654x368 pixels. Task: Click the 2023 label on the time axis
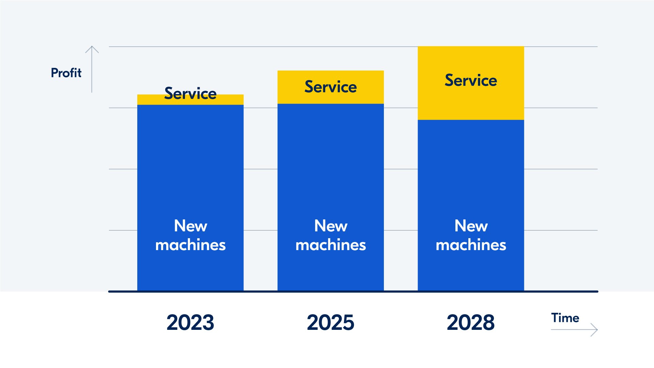click(x=190, y=322)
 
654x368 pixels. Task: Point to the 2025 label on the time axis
click(x=330, y=322)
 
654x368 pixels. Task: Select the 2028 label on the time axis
click(x=471, y=322)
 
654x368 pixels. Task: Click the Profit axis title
click(x=66, y=73)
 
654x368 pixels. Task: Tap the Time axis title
click(x=565, y=318)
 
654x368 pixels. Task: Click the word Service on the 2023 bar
click(x=190, y=93)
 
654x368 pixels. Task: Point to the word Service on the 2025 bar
click(x=330, y=87)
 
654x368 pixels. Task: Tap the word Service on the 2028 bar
click(x=471, y=80)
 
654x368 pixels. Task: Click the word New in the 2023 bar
click(x=190, y=226)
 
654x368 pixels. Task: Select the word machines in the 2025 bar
click(x=330, y=245)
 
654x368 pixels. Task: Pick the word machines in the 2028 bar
click(x=471, y=245)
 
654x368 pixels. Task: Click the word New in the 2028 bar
click(x=471, y=226)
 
